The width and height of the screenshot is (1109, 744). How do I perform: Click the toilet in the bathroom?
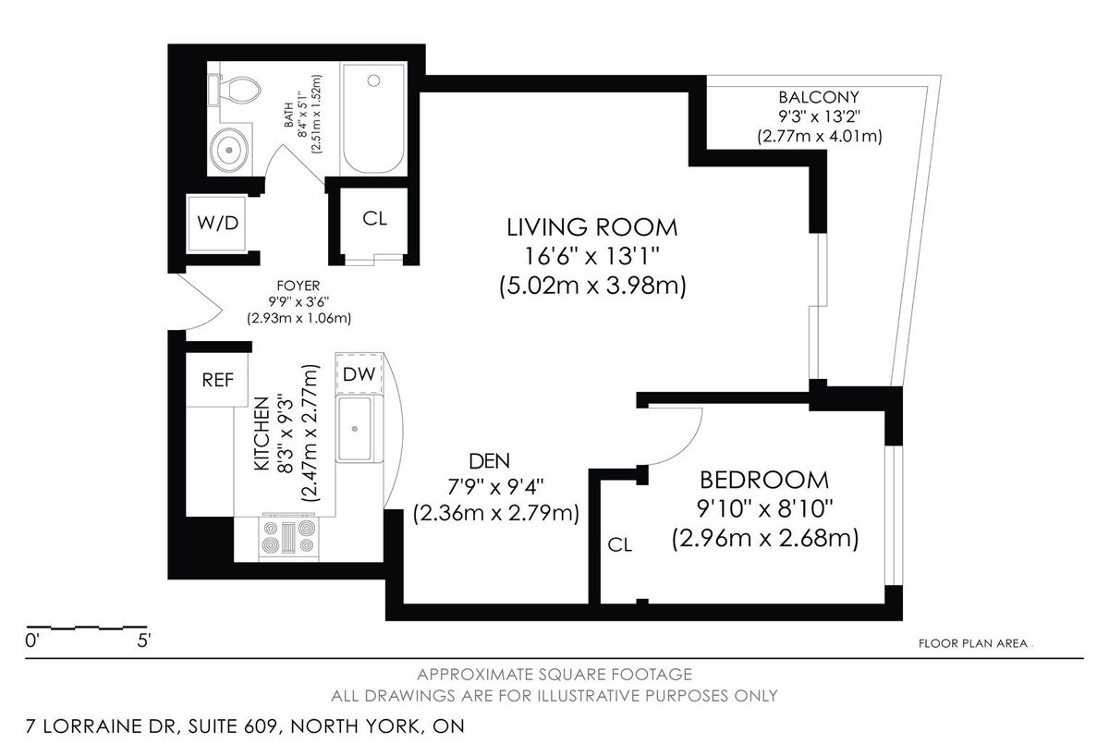pos(235,90)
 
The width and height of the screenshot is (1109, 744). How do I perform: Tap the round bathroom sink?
pos(229,150)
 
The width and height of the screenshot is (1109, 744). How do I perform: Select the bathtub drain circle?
pos(373,80)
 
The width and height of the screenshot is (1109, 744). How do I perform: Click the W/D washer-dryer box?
pos(217,224)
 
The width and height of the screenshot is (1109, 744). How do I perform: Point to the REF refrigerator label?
pos(217,380)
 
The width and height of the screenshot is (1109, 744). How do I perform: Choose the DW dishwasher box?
pos(359,373)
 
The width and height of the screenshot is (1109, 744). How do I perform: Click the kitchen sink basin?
pos(355,429)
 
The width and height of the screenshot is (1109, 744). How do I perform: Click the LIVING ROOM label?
pos(592,227)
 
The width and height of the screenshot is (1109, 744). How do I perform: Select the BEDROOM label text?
pos(764,481)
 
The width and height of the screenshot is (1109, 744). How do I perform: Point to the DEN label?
pos(489,461)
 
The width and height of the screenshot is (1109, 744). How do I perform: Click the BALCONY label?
pos(819,97)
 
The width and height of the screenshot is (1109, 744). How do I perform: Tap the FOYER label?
pos(298,286)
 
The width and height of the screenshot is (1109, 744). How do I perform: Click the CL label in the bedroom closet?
pos(620,545)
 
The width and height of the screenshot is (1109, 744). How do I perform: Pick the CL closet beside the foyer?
pos(374,223)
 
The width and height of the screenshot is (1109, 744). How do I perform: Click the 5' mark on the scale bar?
pos(143,641)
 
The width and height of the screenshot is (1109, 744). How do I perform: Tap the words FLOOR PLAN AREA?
pos(973,644)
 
